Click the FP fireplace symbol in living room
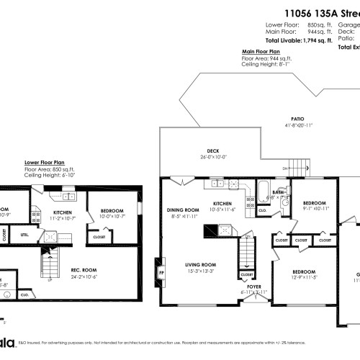pyautogui.click(x=160, y=274)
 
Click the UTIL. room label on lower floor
pyautogui.click(x=24, y=234)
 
